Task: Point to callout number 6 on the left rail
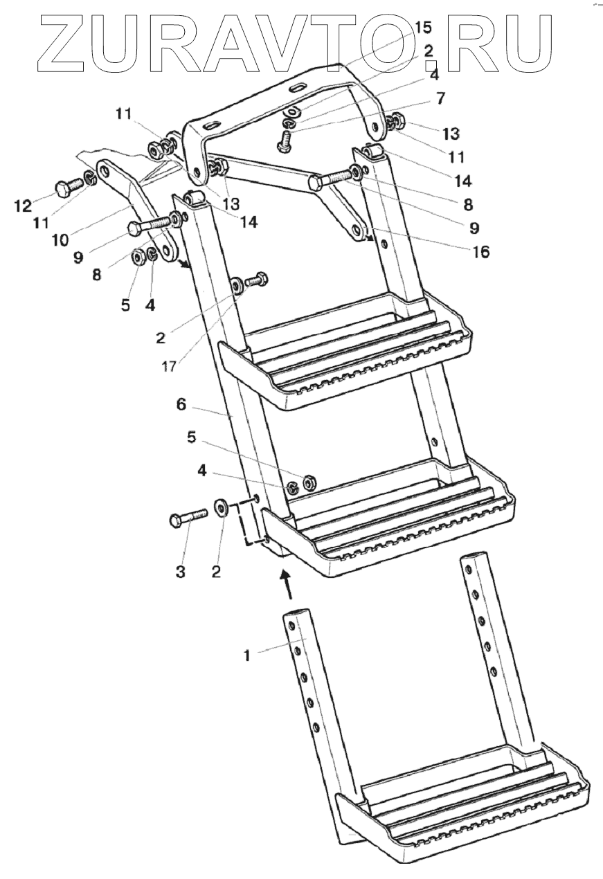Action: (181, 406)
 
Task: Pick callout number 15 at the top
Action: (422, 28)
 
